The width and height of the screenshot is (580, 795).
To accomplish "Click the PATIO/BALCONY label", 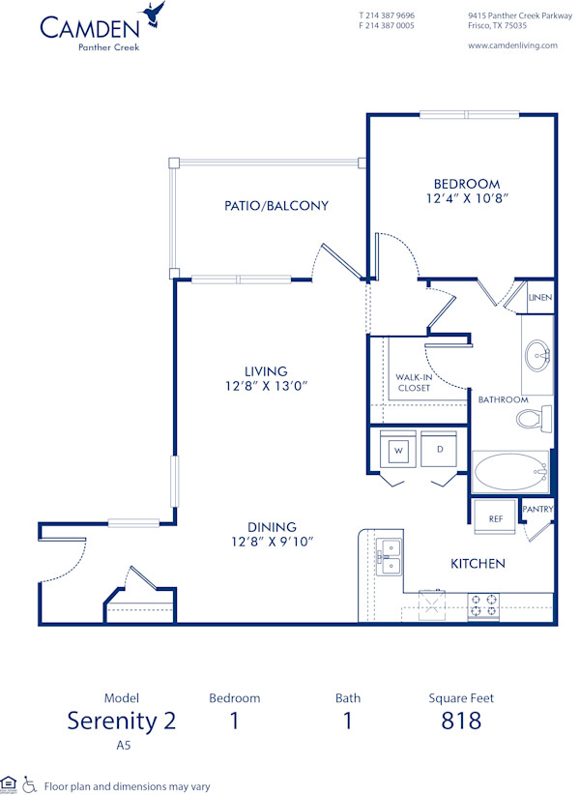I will click(276, 206).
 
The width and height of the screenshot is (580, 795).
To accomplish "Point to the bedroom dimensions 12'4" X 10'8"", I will click(466, 198).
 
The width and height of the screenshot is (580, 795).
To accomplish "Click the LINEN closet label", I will click(540, 297).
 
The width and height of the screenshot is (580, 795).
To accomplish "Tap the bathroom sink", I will click(537, 356).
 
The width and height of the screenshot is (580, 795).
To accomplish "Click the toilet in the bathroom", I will click(532, 419).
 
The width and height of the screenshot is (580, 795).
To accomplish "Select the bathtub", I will click(509, 473).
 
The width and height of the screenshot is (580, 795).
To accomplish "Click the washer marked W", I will click(398, 450).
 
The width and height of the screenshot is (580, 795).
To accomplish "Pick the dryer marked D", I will click(439, 450).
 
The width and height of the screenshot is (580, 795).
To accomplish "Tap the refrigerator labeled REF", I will click(495, 518).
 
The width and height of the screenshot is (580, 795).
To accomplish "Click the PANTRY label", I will click(536, 509).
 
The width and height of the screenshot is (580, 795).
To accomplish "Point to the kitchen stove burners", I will click(484, 605).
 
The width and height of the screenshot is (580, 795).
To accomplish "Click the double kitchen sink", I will click(389, 558).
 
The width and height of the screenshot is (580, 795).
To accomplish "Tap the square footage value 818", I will click(461, 721).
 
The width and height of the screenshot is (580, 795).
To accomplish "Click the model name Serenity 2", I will click(121, 721).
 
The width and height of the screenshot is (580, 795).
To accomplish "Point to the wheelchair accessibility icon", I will click(29, 784).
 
